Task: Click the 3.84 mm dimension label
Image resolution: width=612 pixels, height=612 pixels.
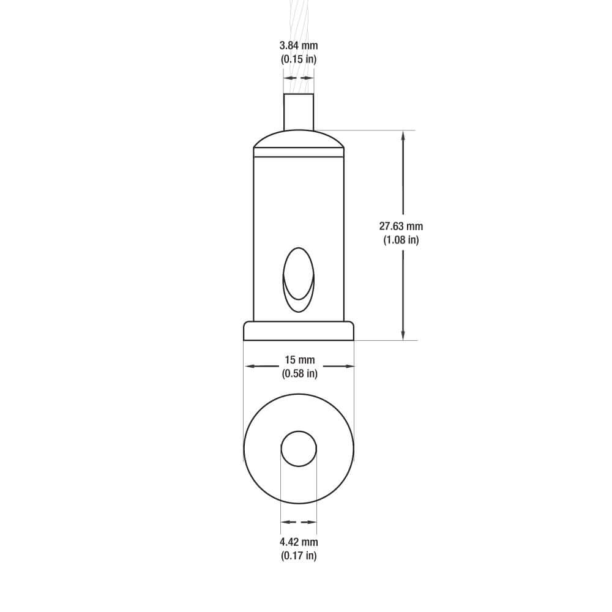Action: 299,46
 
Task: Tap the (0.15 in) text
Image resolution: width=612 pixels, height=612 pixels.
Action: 299,59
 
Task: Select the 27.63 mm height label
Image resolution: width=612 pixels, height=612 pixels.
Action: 401,226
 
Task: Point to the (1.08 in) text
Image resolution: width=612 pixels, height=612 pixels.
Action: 401,240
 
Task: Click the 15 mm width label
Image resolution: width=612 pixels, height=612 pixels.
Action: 299,359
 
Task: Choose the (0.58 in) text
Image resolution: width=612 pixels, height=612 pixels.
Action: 299,373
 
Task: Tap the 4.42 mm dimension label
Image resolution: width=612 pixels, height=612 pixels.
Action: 299,542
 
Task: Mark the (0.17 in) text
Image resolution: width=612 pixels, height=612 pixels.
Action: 299,556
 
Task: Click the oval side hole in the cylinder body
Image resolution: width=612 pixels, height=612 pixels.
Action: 298,280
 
